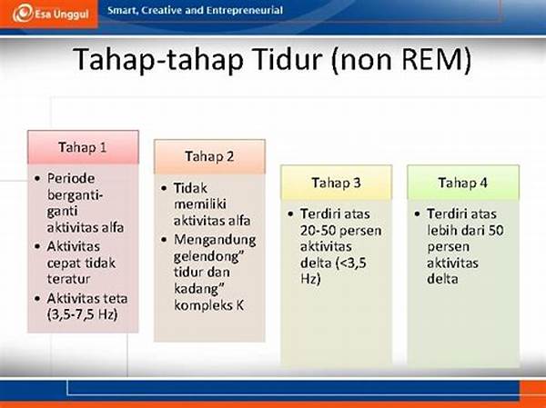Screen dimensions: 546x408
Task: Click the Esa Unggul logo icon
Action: point(23,14)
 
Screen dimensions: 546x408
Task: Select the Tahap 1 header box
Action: point(83,147)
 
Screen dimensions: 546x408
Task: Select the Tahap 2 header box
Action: point(209,156)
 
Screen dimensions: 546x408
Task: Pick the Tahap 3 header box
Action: point(337,183)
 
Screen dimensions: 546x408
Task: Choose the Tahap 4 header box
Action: point(463,183)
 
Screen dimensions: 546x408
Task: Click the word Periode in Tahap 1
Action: point(71,178)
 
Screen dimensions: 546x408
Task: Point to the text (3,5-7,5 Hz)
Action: point(82,314)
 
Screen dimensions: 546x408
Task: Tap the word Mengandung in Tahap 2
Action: point(215,240)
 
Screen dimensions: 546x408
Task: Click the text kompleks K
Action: point(209,305)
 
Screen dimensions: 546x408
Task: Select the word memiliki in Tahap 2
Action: point(200,204)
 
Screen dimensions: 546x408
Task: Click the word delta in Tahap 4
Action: point(442,279)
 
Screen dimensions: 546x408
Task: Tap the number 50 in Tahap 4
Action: point(495,231)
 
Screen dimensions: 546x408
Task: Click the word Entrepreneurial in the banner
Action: point(244,11)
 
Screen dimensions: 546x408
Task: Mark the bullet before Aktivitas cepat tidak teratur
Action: point(37,246)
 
